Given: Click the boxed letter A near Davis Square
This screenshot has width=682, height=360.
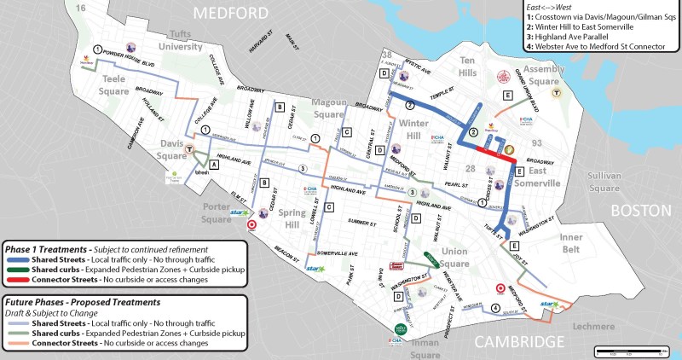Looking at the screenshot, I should pyautogui.click(x=213, y=167).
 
